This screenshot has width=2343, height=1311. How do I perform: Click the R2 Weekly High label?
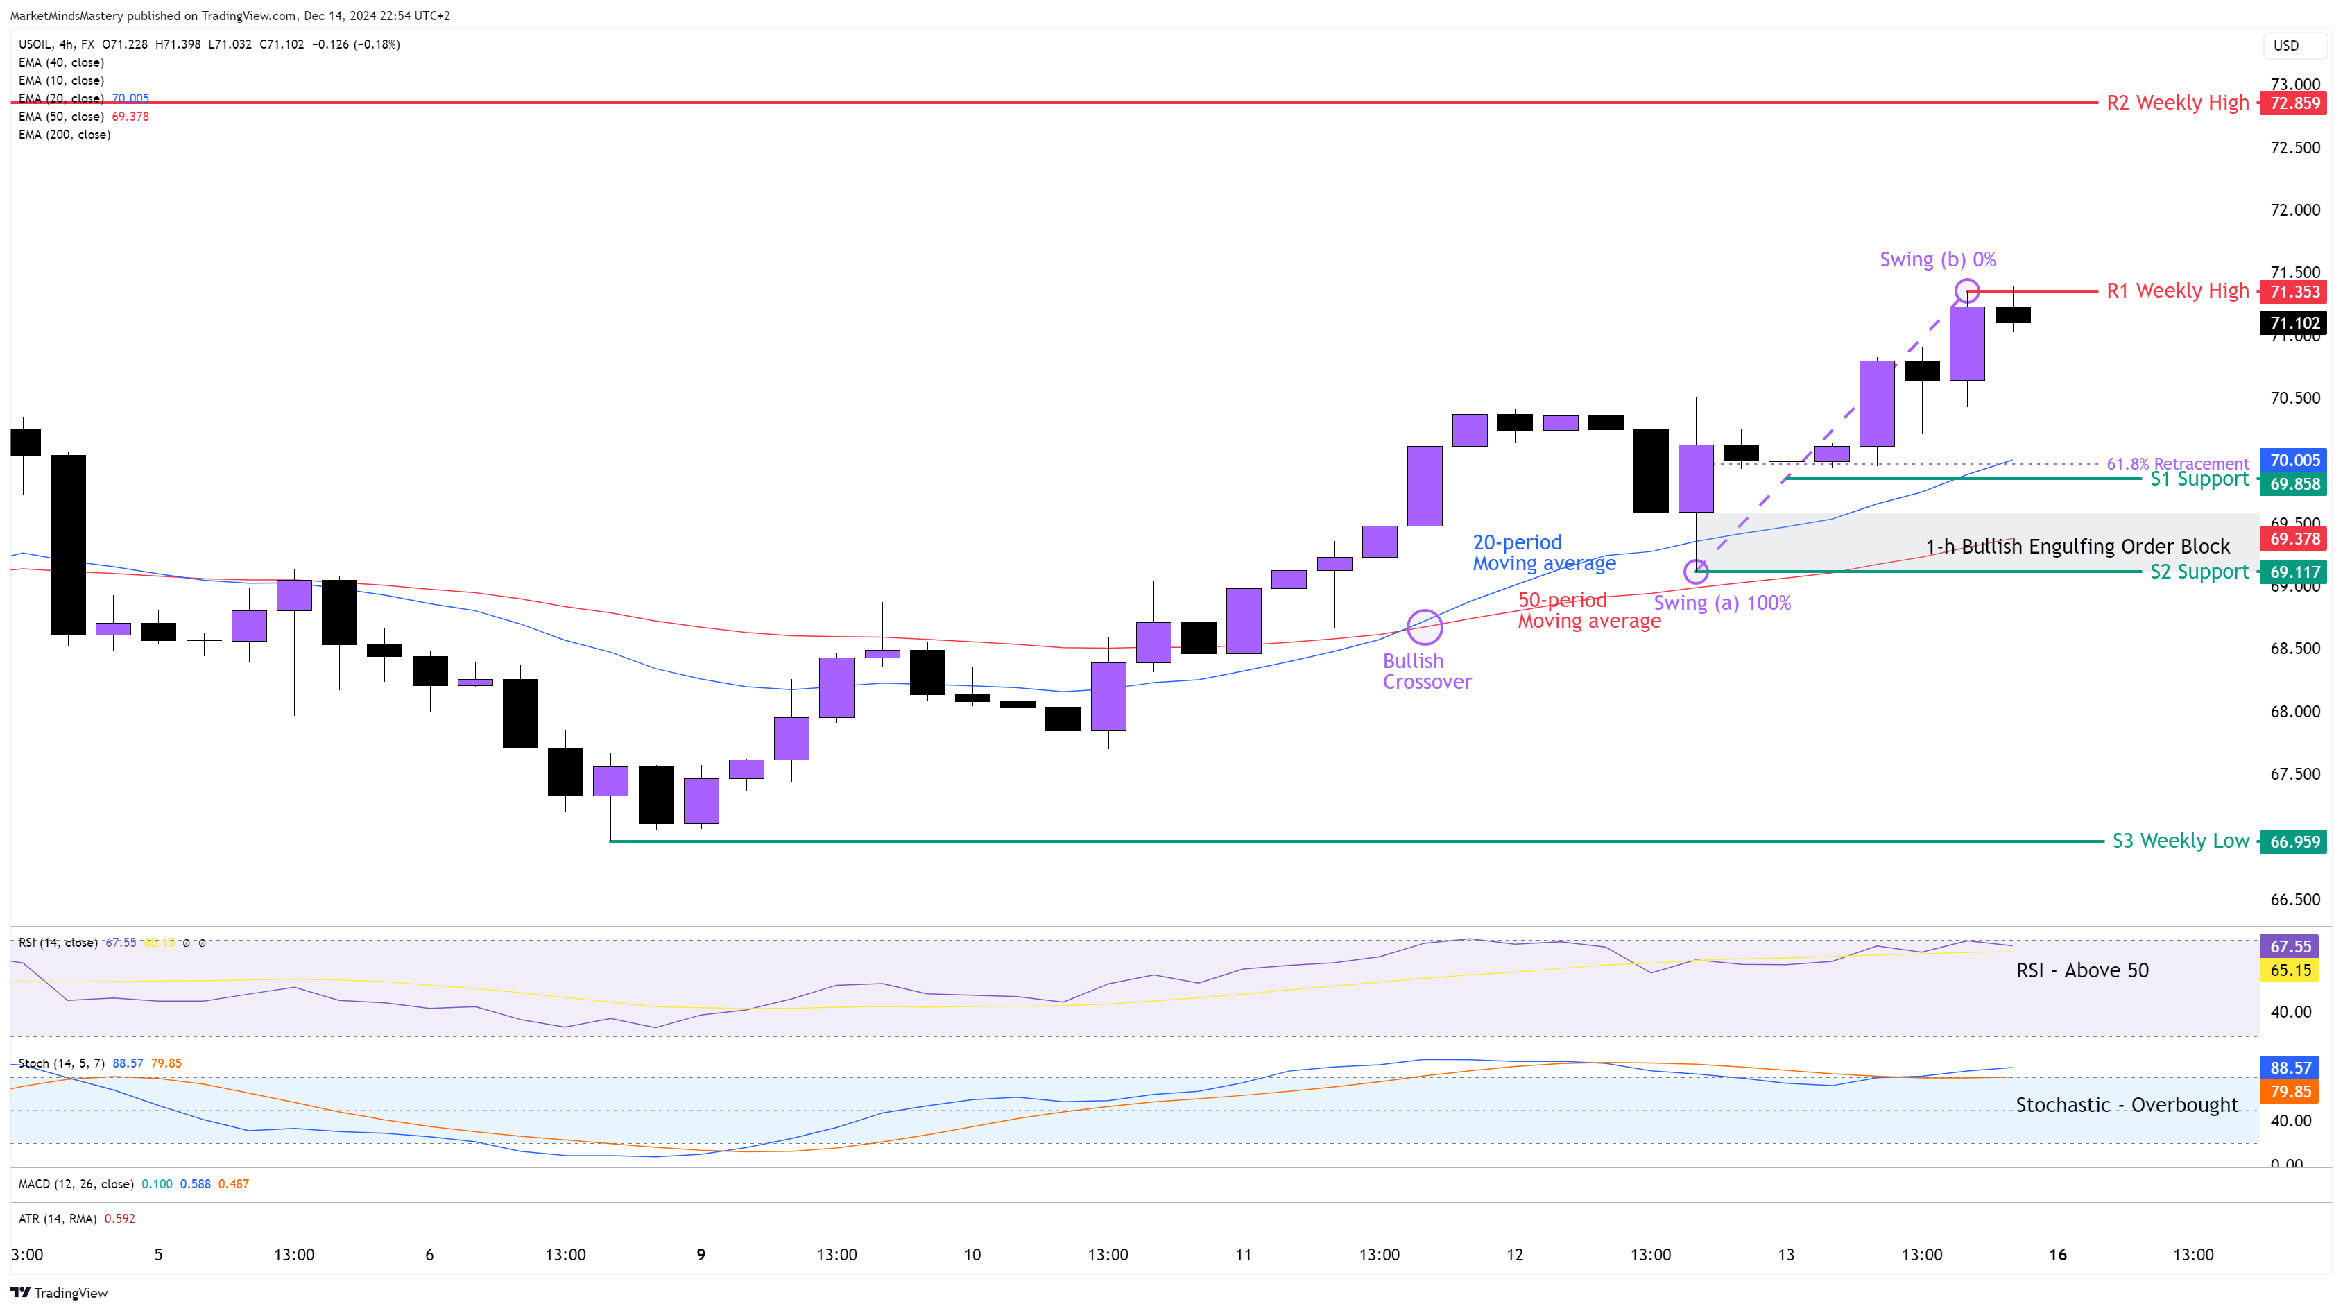[2177, 103]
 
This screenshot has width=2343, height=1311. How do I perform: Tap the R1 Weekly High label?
[2177, 291]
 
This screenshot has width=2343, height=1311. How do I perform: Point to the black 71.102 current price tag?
[2294, 323]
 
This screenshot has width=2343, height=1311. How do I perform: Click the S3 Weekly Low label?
[2180, 841]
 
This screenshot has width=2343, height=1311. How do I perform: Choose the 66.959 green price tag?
[2294, 841]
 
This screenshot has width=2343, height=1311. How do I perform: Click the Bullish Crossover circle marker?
[1425, 627]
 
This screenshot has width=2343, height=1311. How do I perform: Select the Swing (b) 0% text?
[1937, 260]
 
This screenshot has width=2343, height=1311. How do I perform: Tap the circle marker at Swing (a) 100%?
[1695, 572]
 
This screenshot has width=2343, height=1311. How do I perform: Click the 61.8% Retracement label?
[2177, 464]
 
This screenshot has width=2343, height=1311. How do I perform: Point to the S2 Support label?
[2198, 572]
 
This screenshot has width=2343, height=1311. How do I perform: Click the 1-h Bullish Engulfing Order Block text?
[2077, 547]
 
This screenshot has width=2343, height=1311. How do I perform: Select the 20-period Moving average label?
[1543, 553]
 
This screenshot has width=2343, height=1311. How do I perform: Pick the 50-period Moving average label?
[1588, 610]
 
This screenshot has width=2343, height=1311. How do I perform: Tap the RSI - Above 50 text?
[2082, 970]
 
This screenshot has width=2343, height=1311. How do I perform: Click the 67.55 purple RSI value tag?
[2290, 947]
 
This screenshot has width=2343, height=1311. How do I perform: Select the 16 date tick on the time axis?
[2057, 1256]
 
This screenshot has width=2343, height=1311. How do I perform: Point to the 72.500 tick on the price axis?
[2294, 147]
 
